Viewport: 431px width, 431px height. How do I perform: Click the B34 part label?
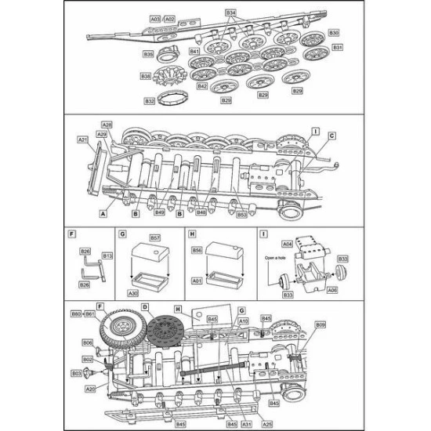(230, 13)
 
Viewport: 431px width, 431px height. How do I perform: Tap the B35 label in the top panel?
(148, 53)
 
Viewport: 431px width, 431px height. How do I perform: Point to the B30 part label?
(334, 33)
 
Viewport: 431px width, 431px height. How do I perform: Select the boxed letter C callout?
(331, 136)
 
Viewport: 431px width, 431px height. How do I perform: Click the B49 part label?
(160, 212)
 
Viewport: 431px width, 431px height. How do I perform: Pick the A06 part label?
(331, 290)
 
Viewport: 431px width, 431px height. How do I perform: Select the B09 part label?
(321, 324)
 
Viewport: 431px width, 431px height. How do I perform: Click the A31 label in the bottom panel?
(247, 424)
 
